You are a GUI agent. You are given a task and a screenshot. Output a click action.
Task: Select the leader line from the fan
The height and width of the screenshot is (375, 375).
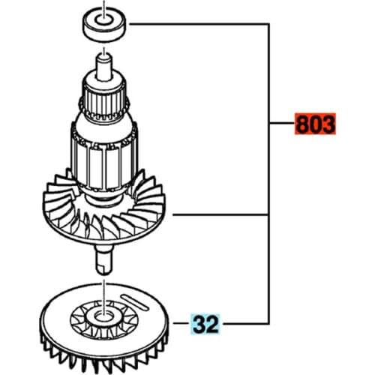click(225, 215)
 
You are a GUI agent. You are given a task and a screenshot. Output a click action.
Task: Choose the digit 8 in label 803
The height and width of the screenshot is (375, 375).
click(301, 124)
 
